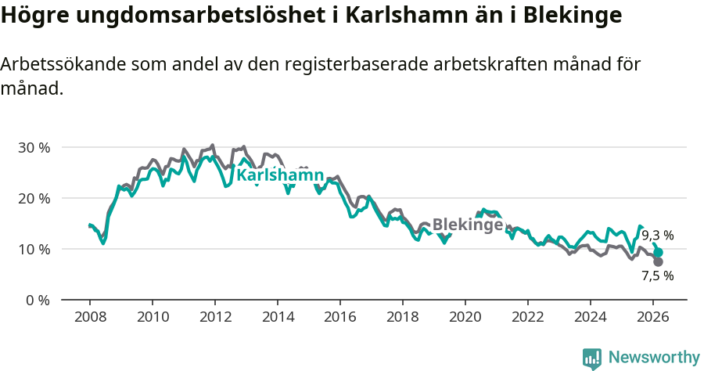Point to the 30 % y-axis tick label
(34, 147)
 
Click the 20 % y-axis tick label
(34, 198)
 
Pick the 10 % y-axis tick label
(34, 249)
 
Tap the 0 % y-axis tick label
(38, 300)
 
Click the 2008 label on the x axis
(89, 317)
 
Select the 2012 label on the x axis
(215, 317)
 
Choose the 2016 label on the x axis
(340, 317)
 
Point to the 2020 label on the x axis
(465, 317)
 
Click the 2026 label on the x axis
(653, 317)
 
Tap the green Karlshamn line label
(280, 175)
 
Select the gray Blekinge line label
(468, 225)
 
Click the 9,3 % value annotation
(658, 235)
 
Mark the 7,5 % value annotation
(658, 276)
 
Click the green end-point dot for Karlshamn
(659, 253)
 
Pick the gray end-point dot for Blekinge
(659, 261)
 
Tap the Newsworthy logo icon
(592, 358)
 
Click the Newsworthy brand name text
(654, 358)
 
